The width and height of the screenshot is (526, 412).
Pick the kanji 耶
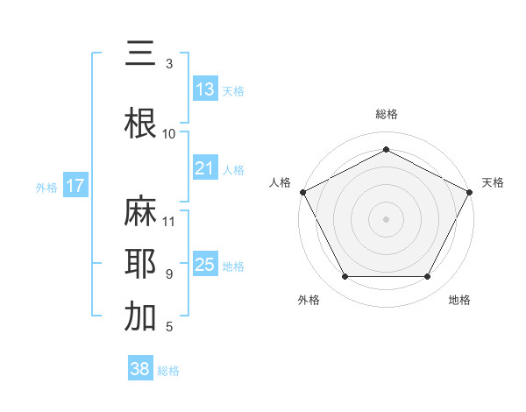(141, 265)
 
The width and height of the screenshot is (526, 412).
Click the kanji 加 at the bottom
(141, 317)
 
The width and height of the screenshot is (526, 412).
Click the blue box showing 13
(205, 89)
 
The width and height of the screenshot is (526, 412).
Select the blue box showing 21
(205, 168)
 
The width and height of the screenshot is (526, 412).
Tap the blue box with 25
(205, 265)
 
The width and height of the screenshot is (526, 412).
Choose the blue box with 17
(75, 186)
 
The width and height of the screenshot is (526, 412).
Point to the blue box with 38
(140, 370)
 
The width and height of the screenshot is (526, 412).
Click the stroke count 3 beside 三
(169, 64)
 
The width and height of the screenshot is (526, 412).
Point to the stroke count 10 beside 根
(169, 133)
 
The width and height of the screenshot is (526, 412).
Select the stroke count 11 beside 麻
(169, 221)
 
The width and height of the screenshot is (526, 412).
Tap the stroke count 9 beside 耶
(169, 274)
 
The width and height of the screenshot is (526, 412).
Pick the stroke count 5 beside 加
(169, 327)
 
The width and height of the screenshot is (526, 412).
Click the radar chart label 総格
(386, 114)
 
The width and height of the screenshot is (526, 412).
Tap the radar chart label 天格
(493, 182)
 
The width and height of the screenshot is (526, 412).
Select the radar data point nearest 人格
(302, 191)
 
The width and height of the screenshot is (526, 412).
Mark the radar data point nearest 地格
(427, 277)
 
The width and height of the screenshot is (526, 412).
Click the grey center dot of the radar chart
(386, 218)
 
